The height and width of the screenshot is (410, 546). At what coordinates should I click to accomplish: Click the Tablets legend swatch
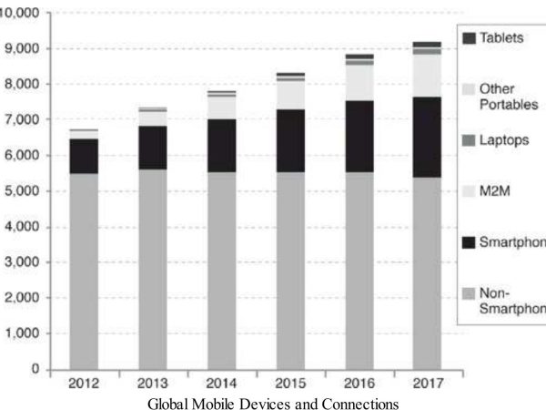pyautogui.click(x=469, y=38)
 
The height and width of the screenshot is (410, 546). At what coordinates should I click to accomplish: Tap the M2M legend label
pyautogui.click(x=496, y=190)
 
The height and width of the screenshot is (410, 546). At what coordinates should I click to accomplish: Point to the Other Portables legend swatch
pyautogui.click(x=469, y=88)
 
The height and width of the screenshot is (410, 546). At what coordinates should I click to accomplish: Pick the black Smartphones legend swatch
pyautogui.click(x=469, y=241)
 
